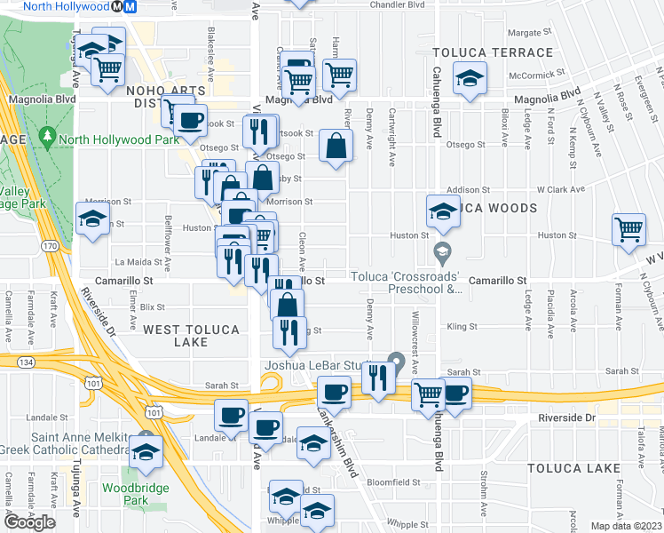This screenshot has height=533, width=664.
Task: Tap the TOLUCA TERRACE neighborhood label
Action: click(492, 53)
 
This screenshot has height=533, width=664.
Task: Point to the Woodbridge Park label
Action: click(123, 494)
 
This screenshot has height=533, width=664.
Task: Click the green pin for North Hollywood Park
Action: click(45, 138)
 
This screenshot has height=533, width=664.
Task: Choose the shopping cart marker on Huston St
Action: click(628, 229)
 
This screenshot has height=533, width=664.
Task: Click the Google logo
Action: click(29, 521)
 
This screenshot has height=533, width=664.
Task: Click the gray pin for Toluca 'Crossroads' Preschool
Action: click(441, 256)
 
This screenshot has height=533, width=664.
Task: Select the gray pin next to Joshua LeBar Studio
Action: click(396, 362)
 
